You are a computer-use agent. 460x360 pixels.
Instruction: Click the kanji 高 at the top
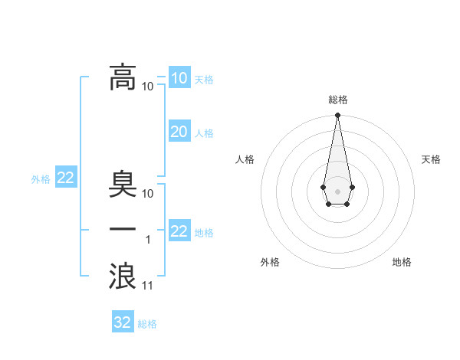123,77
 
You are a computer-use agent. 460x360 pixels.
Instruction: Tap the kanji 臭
123,185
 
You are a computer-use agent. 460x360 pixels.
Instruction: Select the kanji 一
123,230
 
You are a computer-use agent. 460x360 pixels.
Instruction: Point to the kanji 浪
123,277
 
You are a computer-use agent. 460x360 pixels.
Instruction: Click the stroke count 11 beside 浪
148,286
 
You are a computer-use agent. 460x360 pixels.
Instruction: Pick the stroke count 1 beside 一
148,240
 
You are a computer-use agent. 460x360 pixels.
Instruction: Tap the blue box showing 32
123,322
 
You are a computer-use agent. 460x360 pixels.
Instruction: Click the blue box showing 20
179,132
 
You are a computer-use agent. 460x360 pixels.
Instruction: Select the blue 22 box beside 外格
66,178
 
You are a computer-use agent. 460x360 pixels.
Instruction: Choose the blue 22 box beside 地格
179,231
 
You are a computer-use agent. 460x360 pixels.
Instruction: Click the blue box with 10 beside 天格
179,78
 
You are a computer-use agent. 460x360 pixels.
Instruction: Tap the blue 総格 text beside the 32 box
147,324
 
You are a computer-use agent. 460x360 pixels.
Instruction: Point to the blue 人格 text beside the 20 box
204,133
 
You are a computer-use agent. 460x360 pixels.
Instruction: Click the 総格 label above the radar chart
337,100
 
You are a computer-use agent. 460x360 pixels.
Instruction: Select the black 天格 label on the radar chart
431,159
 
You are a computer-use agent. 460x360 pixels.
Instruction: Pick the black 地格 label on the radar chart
402,262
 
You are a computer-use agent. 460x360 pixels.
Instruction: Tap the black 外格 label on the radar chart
270,262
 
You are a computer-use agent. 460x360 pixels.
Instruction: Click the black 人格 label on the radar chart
245,159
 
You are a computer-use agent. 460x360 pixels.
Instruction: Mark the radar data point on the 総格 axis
337,116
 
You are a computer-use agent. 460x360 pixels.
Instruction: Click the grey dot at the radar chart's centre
337,190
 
